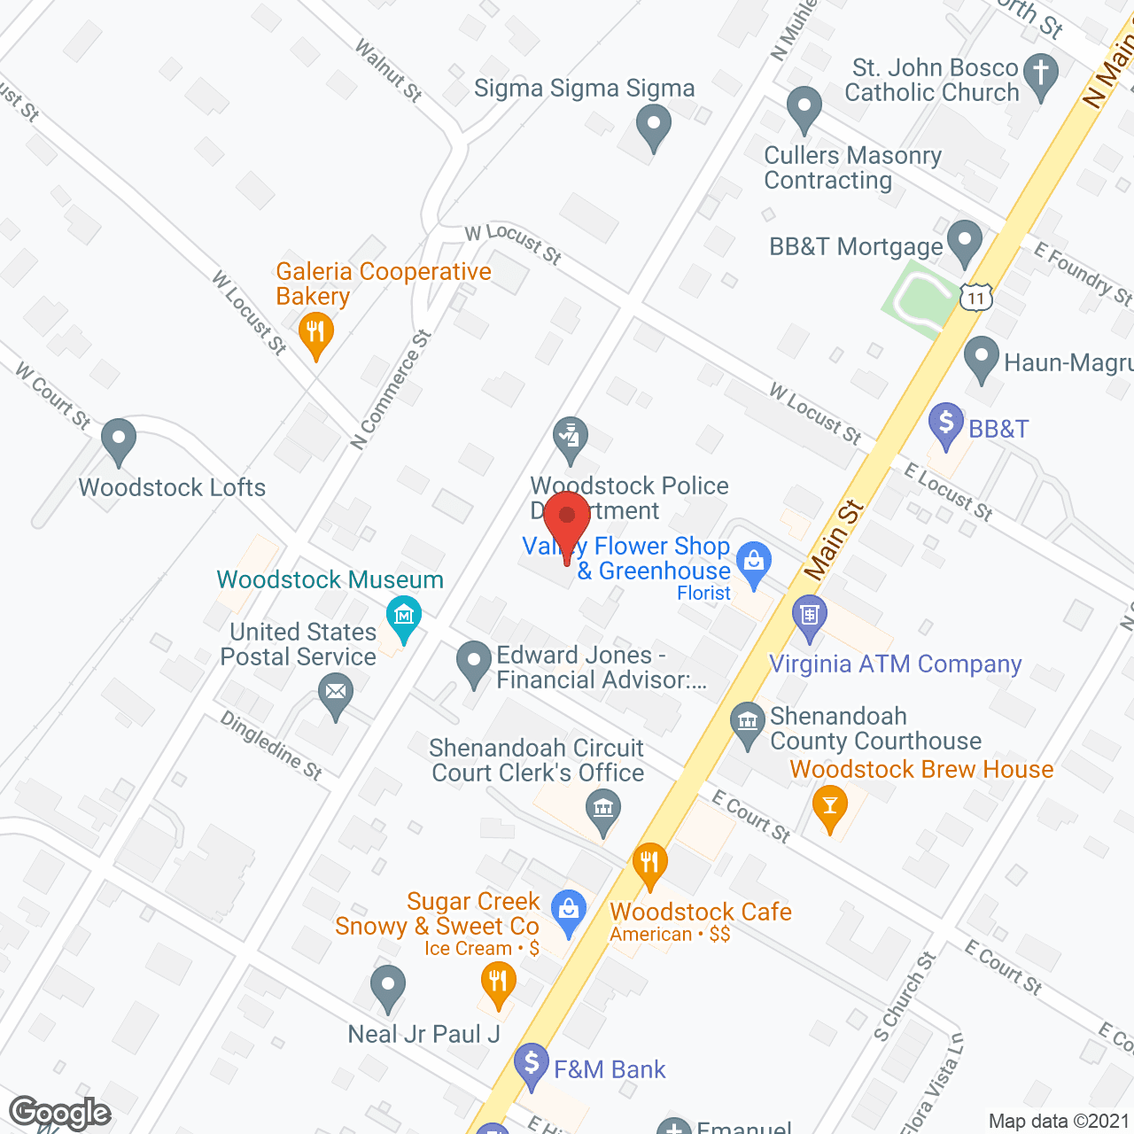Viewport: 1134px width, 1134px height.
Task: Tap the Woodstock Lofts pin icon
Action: pos(118,440)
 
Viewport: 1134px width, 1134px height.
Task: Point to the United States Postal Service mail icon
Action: pos(335,694)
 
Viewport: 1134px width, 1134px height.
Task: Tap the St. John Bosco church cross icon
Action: pos(1041,74)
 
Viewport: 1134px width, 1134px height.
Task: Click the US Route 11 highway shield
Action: pos(975,297)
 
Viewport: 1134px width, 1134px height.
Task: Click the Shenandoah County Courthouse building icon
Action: pos(748,722)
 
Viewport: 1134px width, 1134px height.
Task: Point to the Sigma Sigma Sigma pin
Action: pos(654,126)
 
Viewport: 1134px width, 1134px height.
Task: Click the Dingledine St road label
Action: pos(271,745)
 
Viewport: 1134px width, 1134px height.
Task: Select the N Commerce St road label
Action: pos(391,390)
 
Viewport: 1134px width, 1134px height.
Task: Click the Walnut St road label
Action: pos(388,70)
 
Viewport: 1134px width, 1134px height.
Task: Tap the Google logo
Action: pos(59,1112)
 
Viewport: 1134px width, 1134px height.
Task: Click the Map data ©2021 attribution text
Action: pos(1058,1121)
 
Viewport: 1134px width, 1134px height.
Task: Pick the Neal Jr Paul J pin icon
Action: pos(387,986)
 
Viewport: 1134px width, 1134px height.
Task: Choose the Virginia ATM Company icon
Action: pos(809,617)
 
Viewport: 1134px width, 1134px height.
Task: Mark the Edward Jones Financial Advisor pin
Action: pos(474,663)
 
